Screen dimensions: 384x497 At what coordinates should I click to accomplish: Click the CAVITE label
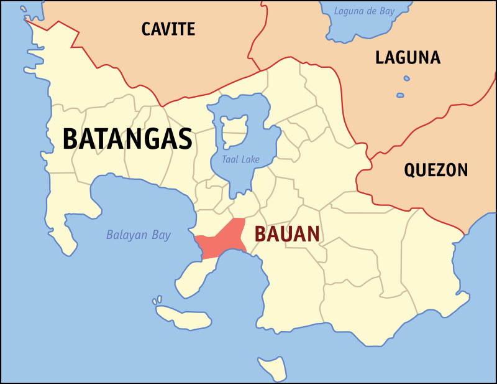[168, 29]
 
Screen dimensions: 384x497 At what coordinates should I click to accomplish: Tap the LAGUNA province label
[408, 58]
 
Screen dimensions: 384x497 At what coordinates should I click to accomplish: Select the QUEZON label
[435, 170]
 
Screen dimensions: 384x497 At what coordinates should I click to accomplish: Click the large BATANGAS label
[127, 139]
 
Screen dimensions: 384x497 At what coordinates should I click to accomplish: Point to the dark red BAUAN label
[288, 234]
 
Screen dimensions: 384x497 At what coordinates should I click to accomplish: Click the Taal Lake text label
[240, 160]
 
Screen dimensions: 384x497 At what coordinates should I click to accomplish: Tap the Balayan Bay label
[138, 235]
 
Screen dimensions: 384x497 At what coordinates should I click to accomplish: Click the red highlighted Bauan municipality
[221, 241]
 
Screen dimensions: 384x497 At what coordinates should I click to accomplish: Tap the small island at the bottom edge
[271, 367]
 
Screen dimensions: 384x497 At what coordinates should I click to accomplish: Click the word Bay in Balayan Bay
[161, 235]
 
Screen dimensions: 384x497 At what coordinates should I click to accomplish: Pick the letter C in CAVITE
[147, 29]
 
